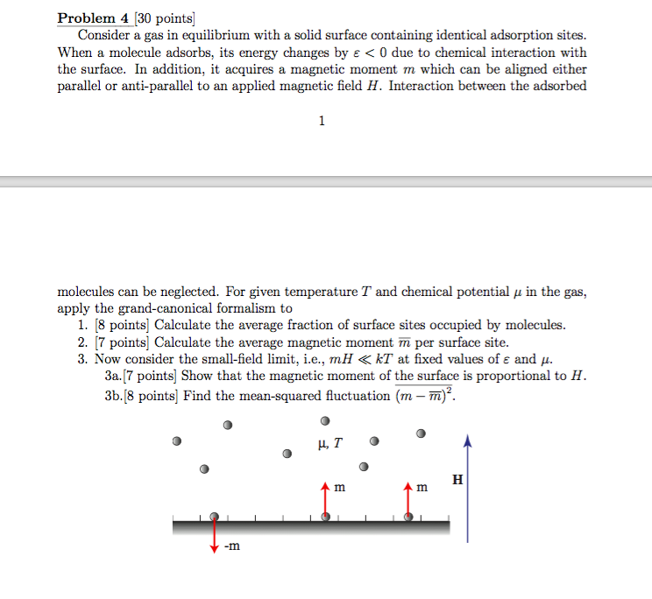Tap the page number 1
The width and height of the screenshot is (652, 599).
322,121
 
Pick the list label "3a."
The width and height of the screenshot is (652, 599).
115,377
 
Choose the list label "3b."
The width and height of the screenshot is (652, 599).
115,395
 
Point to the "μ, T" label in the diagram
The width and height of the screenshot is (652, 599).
326,443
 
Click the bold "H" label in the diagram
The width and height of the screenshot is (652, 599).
457,480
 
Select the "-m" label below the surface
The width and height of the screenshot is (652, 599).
231,547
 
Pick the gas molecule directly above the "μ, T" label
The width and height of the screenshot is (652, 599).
325,421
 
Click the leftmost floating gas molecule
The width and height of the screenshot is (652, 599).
177,440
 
